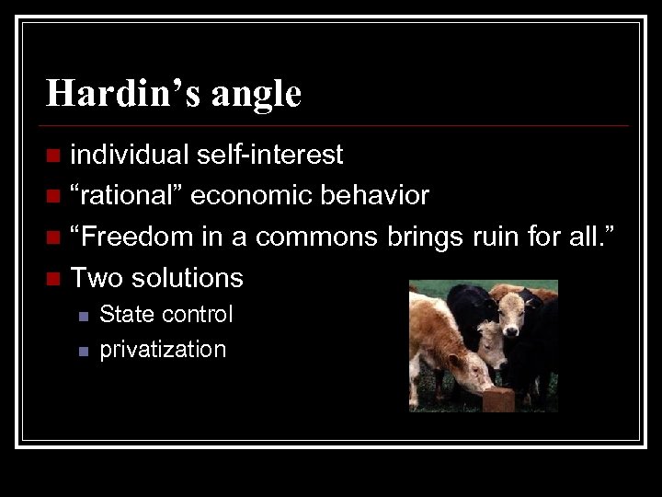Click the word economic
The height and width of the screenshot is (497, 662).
[251, 195]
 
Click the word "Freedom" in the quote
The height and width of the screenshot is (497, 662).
[137, 236]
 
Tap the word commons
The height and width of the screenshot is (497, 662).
[316, 236]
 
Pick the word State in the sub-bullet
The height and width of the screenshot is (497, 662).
[127, 315]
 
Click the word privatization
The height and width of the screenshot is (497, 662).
[163, 349]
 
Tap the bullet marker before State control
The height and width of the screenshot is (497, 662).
[82, 316]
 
